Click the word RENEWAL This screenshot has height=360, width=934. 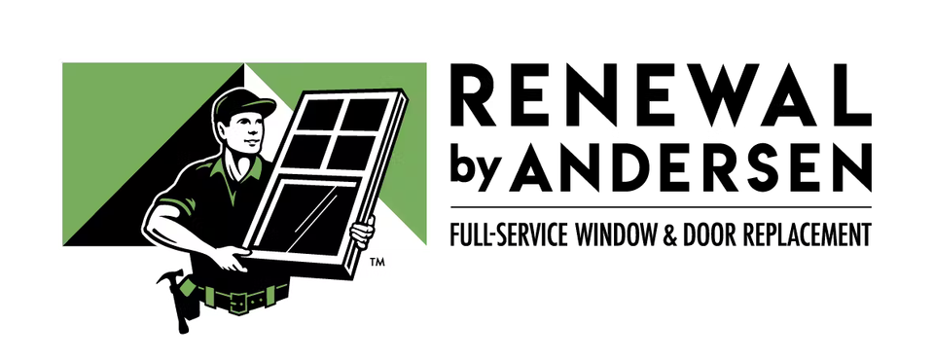click(661, 94)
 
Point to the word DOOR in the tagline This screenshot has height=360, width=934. click(708, 234)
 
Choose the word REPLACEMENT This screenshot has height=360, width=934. click(806, 234)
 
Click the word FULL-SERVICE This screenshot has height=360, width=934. click(510, 234)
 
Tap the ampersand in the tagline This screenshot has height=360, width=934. click(670, 234)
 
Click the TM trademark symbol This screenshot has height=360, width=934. click(377, 261)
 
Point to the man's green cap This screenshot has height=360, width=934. click(242, 104)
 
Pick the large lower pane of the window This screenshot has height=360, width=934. click(308, 217)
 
